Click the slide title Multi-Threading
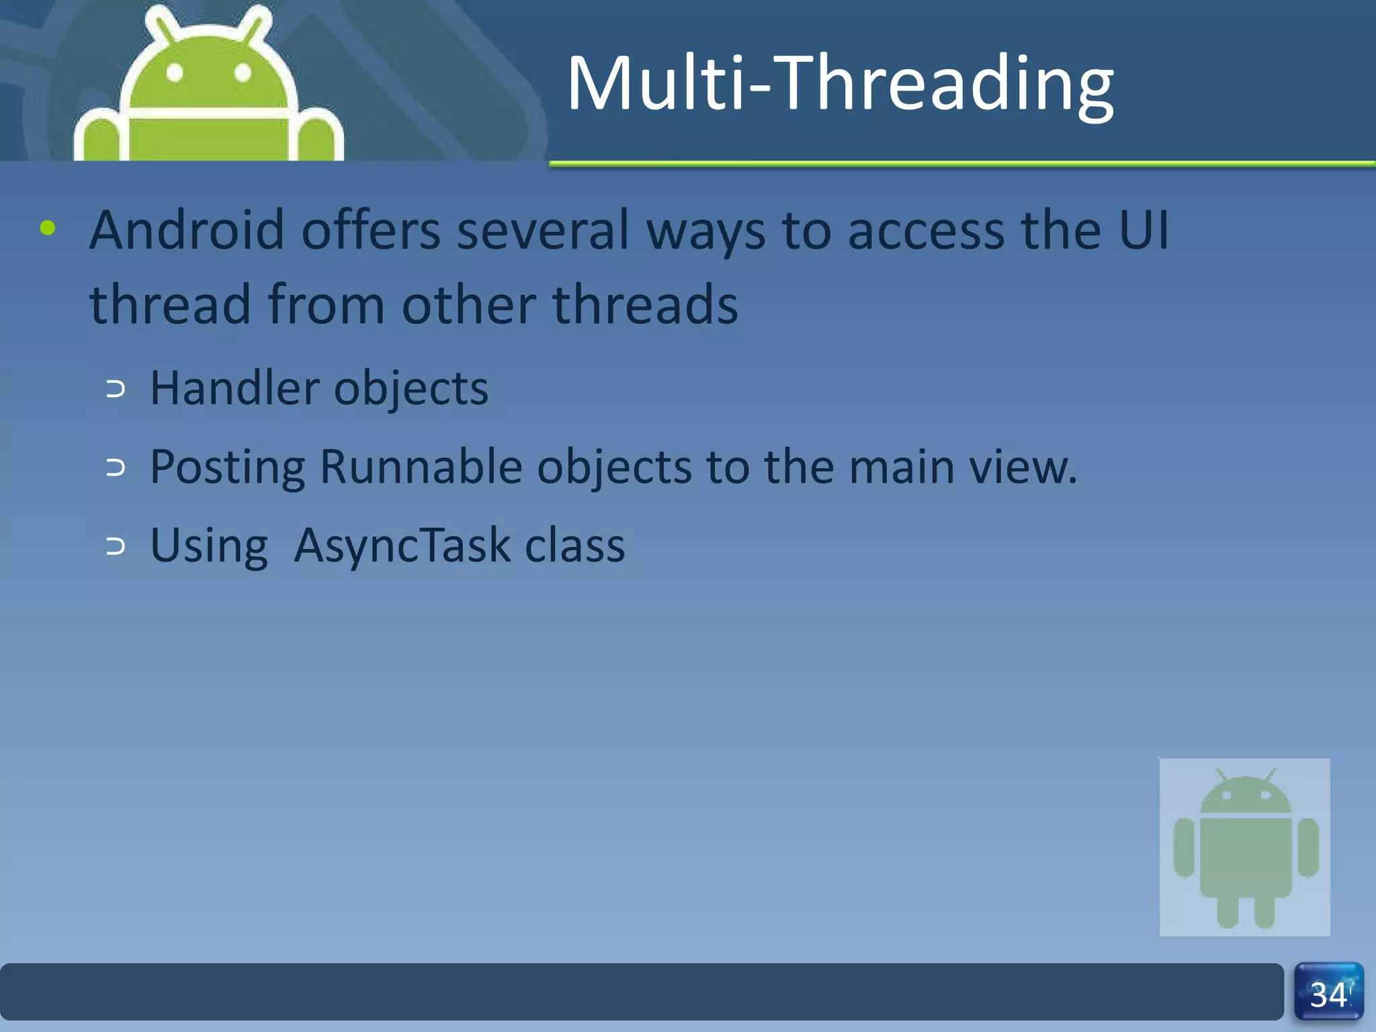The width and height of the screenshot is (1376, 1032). tap(840, 83)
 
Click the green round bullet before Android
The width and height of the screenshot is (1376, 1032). tap(47, 228)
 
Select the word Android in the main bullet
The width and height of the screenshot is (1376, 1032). tap(187, 230)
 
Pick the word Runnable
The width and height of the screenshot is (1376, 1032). tap(421, 466)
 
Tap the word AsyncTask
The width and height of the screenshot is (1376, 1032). tap(402, 545)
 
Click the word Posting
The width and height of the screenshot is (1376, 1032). tap(227, 468)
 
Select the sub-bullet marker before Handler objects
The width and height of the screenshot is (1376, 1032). tap(116, 389)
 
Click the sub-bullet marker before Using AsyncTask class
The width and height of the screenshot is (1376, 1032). tap(116, 546)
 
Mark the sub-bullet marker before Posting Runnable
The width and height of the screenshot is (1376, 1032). tap(116, 468)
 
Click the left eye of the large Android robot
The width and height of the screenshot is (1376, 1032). tap(175, 73)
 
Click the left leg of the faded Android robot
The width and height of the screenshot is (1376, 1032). tap(1227, 910)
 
